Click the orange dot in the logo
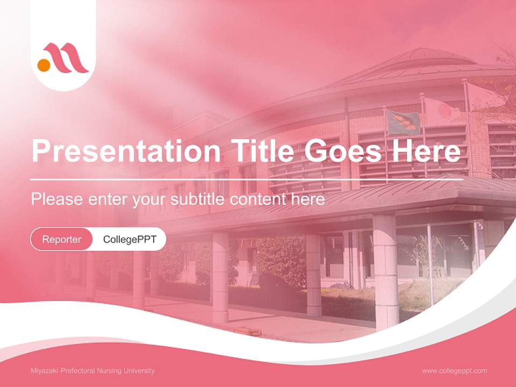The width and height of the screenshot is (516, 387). point(44,65)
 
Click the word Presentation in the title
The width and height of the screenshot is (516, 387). point(126,151)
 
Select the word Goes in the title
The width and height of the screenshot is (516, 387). point(342,150)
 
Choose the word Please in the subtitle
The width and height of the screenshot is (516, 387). point(57,199)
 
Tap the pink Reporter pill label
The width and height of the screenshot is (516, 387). point(61,239)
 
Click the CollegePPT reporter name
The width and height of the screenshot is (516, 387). point(130,239)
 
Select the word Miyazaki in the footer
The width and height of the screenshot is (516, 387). point(45,370)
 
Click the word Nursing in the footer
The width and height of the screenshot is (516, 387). point(109,370)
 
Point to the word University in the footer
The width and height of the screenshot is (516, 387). point(139,370)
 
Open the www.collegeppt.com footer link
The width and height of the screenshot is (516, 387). point(454,371)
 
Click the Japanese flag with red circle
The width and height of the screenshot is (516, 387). point(442,110)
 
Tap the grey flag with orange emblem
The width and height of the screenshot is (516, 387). point(403,123)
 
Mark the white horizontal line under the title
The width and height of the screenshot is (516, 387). point(247,180)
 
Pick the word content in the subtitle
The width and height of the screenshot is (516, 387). point(257,199)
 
